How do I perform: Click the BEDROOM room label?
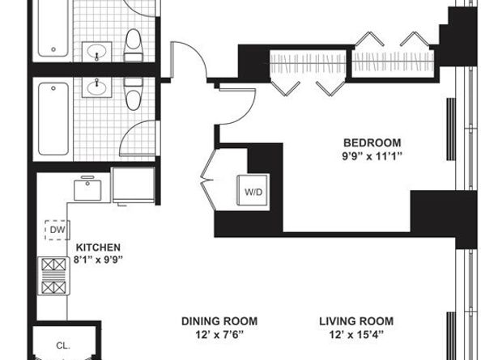pyautogui.click(x=372, y=142)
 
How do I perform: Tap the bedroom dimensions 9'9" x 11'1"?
pyautogui.click(x=372, y=157)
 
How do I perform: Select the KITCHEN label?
pyautogui.click(x=98, y=248)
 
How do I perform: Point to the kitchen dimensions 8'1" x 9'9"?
pyautogui.click(x=98, y=260)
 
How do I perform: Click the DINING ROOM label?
pyautogui.click(x=219, y=321)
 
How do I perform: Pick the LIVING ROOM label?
pyautogui.click(x=356, y=321)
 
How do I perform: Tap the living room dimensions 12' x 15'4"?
pyautogui.click(x=356, y=335)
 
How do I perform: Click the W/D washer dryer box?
pyautogui.click(x=253, y=192)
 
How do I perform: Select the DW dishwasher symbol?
pyautogui.click(x=57, y=230)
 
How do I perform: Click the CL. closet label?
pyautogui.click(x=63, y=346)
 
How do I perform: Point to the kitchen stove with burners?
pyautogui.click(x=53, y=276)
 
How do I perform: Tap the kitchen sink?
pyautogui.click(x=87, y=189)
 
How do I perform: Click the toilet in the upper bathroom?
pyautogui.click(x=134, y=45)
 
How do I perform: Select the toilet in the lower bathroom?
pyautogui.click(x=134, y=94)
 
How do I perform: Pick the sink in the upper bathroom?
pyautogui.click(x=96, y=52)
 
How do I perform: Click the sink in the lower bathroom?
pyautogui.click(x=96, y=87)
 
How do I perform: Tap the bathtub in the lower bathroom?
pyautogui.click(x=53, y=119)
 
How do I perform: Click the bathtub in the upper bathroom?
pyautogui.click(x=53, y=28)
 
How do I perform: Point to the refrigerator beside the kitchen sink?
pyautogui.click(x=134, y=185)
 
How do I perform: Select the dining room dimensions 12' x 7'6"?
pyautogui.click(x=219, y=335)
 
